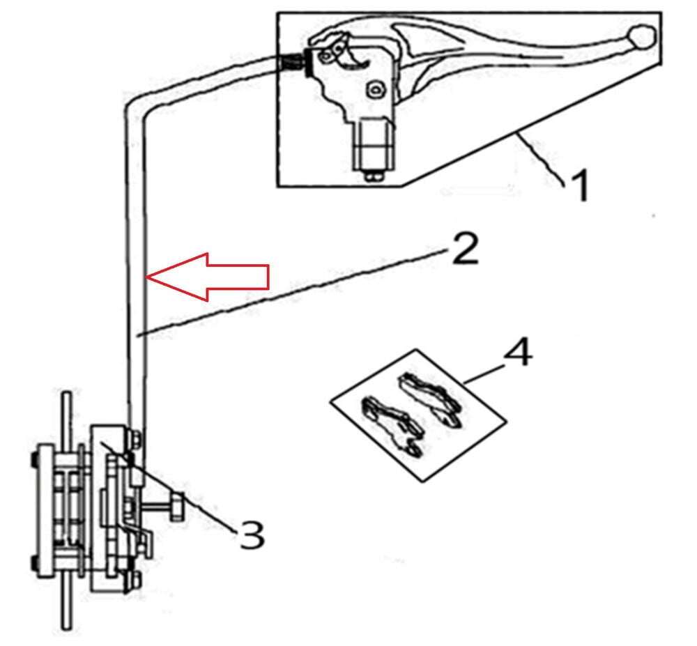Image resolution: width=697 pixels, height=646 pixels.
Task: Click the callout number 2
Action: click(x=465, y=249)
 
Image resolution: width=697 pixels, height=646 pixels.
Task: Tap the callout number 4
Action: click(x=518, y=353)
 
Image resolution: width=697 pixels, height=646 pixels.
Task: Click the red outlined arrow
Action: click(x=208, y=277)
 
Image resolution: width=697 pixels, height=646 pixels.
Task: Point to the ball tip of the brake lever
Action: click(x=641, y=36)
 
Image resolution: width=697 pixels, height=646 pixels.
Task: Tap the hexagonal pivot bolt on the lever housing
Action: click(x=376, y=90)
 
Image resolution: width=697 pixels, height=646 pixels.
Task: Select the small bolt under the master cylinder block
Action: click(x=374, y=176)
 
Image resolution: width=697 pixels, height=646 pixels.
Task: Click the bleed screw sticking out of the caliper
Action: click(x=165, y=506)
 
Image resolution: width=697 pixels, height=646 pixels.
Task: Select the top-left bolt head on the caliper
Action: click(x=33, y=459)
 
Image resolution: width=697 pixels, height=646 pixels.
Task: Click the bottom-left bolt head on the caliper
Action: click(x=33, y=562)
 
